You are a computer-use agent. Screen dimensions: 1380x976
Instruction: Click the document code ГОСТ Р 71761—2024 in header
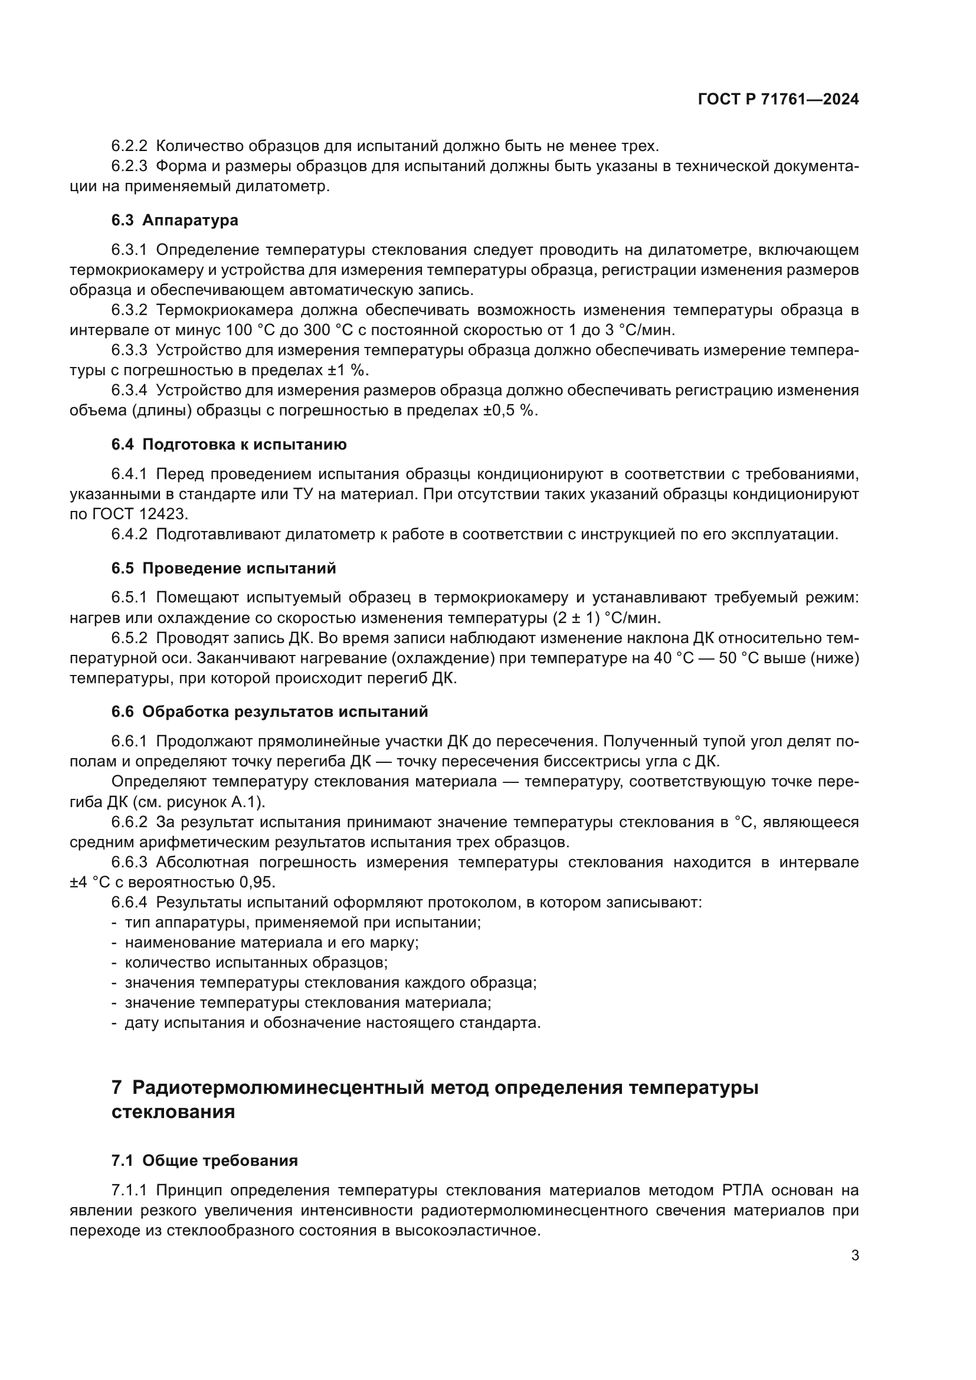tap(778, 100)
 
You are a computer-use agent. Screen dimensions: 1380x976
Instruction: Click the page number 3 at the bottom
tap(854, 1256)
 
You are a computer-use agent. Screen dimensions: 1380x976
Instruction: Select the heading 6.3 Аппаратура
tap(175, 220)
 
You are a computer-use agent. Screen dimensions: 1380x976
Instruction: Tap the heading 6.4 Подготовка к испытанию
tap(229, 444)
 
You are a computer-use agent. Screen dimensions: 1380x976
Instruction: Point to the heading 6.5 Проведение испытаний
tap(224, 568)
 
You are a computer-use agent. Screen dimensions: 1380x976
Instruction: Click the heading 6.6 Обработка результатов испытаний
tap(270, 711)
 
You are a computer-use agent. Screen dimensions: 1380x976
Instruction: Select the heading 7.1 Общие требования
tap(204, 1160)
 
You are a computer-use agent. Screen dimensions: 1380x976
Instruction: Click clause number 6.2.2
tap(129, 146)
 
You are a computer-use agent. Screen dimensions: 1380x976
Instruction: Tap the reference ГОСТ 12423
tap(140, 514)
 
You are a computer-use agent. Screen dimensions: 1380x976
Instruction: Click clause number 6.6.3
tap(129, 862)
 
